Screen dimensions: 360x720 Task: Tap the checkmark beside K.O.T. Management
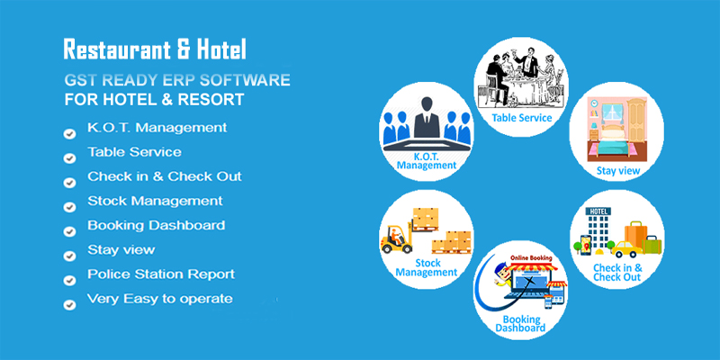pos(69,133)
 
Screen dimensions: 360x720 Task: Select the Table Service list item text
pos(134,152)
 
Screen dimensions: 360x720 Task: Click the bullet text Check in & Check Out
pos(164,176)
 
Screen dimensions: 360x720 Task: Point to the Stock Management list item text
pos(155,201)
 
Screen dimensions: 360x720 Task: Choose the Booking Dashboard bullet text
pos(156,225)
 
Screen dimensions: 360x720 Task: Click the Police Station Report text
pos(161,274)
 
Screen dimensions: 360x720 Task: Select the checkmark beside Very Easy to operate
pos(69,304)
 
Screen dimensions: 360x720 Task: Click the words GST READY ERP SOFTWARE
pos(176,79)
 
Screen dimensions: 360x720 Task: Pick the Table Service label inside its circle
pos(521,118)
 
